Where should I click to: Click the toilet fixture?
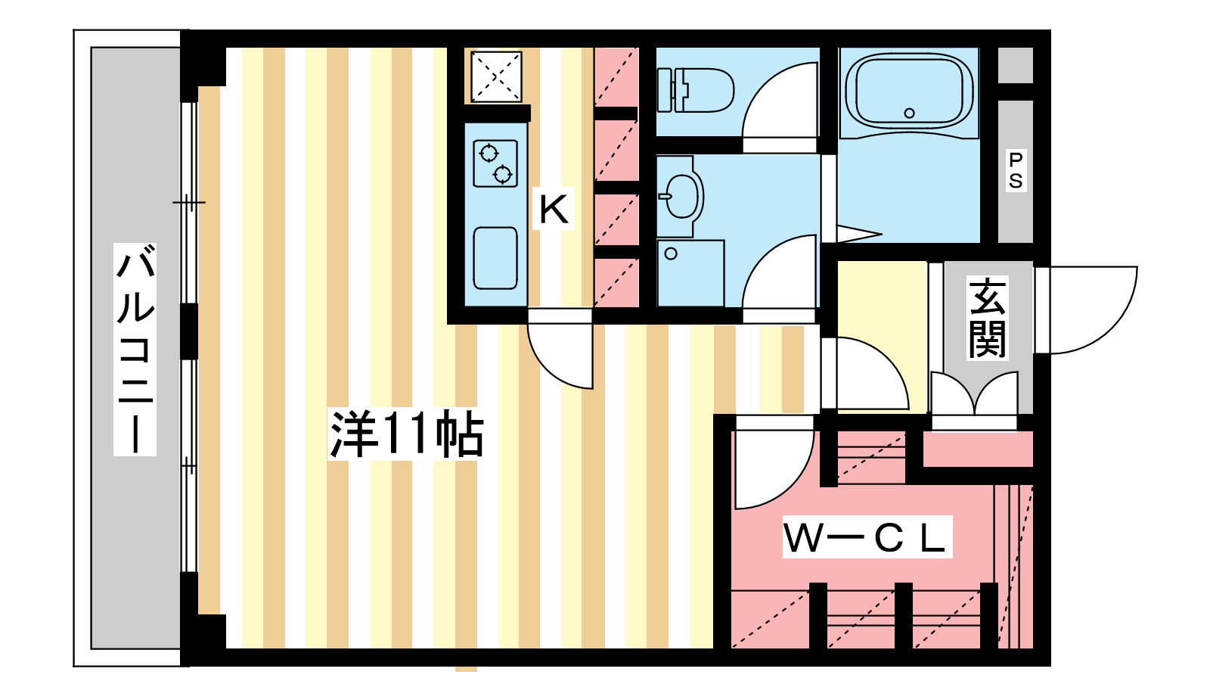pyautogui.click(x=696, y=90)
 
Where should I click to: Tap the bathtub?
pyautogui.click(x=909, y=92)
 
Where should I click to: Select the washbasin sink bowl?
pyautogui.click(x=681, y=196)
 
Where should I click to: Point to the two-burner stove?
pyautogui.click(x=495, y=163)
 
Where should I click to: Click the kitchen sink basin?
pyautogui.click(x=495, y=258)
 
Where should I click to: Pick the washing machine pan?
pyautogui.click(x=690, y=273)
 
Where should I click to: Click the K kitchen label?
pyautogui.click(x=554, y=209)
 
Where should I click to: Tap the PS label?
pyautogui.click(x=1016, y=171)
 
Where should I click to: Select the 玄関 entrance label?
pyautogui.click(x=987, y=318)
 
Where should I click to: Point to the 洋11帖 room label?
pyautogui.click(x=406, y=434)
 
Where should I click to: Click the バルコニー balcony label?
pyautogui.click(x=135, y=349)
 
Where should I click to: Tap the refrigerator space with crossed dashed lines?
pyautogui.click(x=496, y=76)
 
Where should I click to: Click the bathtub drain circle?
pyautogui.click(x=909, y=113)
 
